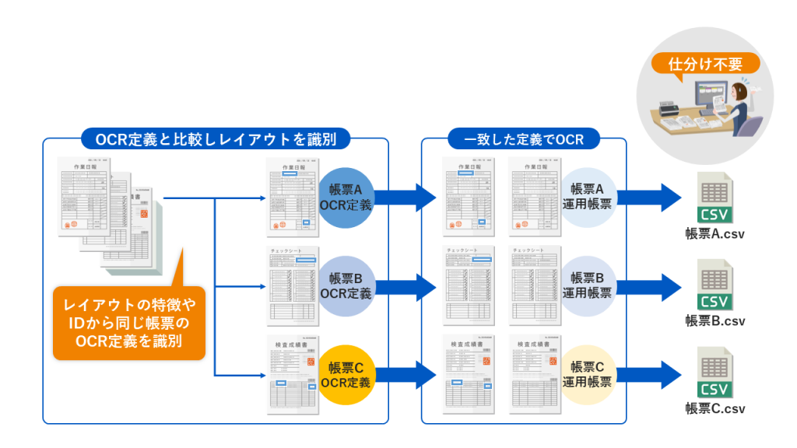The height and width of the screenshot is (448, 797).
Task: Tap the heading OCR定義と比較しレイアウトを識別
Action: point(216,139)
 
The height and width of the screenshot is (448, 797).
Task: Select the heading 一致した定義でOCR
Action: point(524,139)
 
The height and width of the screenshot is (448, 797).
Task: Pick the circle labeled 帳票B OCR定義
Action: point(346,285)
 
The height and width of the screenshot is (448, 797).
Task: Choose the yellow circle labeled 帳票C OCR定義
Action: point(346,375)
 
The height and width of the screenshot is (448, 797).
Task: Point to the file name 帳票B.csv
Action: point(715,320)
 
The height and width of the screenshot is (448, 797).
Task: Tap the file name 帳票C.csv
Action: point(715,408)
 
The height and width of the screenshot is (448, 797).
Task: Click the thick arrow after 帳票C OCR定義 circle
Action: point(406,375)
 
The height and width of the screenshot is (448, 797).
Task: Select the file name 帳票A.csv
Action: point(715,233)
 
